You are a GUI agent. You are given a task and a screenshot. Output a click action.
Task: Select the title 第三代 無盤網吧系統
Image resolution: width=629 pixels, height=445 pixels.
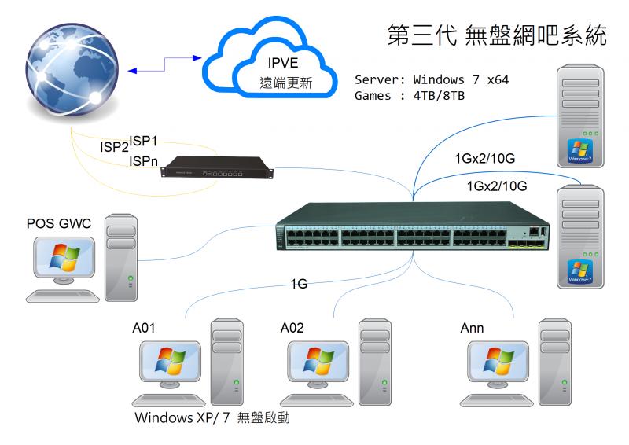pos(498,35)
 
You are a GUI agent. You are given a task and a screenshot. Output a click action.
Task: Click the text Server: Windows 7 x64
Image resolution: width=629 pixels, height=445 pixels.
pos(431,80)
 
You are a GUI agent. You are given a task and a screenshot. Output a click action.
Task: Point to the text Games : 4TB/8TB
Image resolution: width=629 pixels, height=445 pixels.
pos(410,96)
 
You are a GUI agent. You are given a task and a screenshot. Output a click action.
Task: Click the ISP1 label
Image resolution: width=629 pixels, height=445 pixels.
pos(144,141)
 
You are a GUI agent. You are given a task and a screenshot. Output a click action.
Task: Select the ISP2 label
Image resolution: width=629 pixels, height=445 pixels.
pos(114,147)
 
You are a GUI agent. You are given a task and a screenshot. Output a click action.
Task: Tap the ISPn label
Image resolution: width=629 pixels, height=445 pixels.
pos(144,161)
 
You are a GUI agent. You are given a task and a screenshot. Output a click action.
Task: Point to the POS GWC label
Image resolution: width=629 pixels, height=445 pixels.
pos(59,224)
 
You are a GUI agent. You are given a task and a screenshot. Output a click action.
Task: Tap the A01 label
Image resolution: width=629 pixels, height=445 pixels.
pos(144,328)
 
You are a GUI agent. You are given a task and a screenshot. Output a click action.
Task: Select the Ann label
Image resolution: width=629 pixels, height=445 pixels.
pos(472,328)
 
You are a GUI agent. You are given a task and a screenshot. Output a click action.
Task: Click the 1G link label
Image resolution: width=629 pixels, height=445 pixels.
pos(299,284)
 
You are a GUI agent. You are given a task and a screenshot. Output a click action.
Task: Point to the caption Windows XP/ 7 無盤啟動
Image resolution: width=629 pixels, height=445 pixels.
pos(212,417)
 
